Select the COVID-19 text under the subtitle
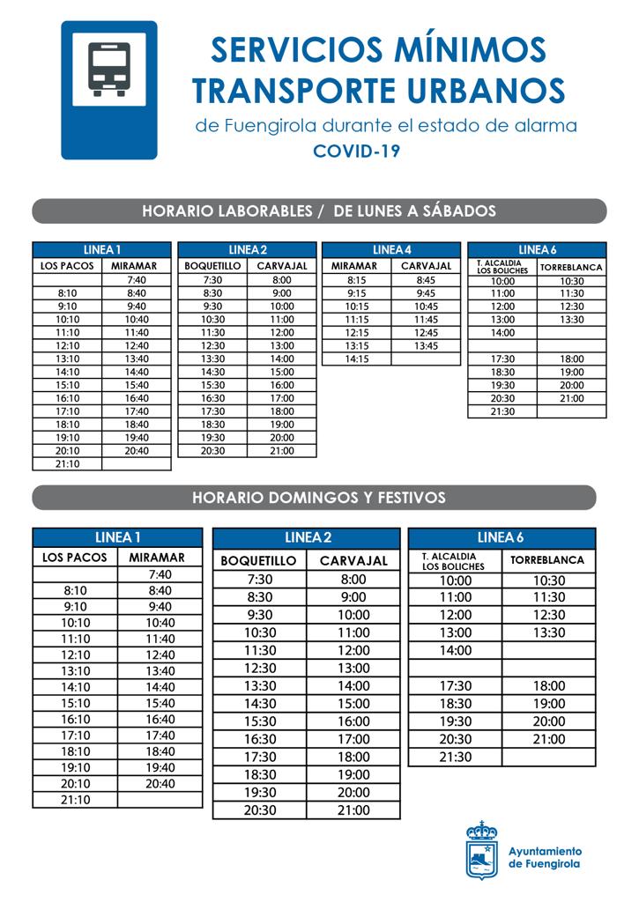357,151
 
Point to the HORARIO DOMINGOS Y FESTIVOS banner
319,498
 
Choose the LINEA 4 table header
391,250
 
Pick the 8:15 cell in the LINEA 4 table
356,280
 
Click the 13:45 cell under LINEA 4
426,345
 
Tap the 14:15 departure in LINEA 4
356,359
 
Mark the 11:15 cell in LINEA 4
356,320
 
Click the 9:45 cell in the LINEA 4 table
426,293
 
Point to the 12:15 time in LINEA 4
356,332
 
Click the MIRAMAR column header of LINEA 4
356,266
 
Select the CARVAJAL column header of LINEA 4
426,266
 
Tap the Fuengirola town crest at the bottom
481,850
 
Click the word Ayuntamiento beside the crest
545,851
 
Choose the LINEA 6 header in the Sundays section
501,537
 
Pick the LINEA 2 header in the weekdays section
247,250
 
